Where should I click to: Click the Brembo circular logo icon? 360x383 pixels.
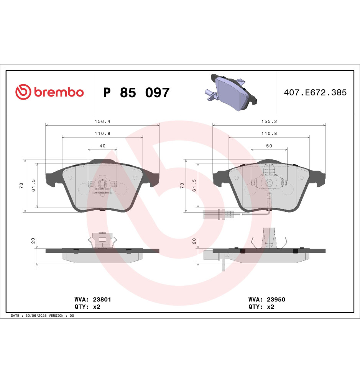23,92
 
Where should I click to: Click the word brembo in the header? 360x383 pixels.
59,92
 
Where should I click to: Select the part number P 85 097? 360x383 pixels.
136,93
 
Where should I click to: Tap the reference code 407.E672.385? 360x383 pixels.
315,93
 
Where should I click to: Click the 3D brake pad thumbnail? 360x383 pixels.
231,92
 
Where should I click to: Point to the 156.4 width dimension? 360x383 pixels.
102,121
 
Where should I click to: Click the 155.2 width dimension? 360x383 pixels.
269,121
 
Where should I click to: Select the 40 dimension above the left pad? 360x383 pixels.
102,146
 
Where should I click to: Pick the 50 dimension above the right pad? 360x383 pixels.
269,146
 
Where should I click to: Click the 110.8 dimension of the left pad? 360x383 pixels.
102,133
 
